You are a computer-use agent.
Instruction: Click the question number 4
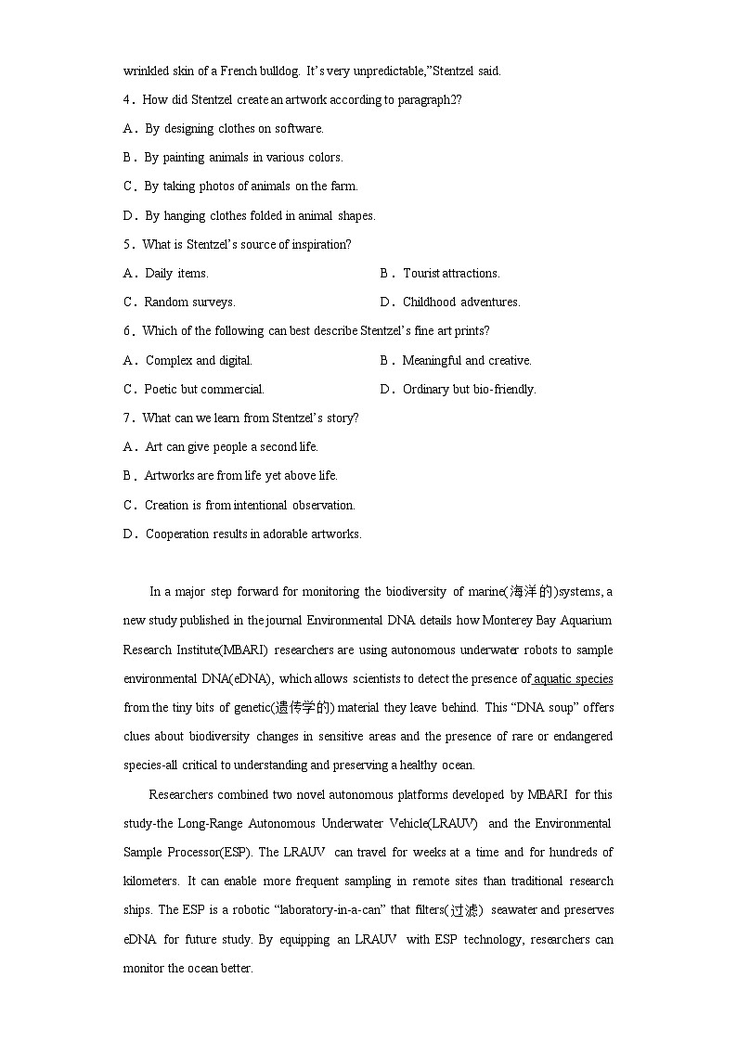[x=127, y=99]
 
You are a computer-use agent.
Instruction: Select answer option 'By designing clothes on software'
[x=234, y=128]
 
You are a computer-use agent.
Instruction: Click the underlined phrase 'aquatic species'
[x=573, y=678]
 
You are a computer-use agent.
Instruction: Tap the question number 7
[x=127, y=418]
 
